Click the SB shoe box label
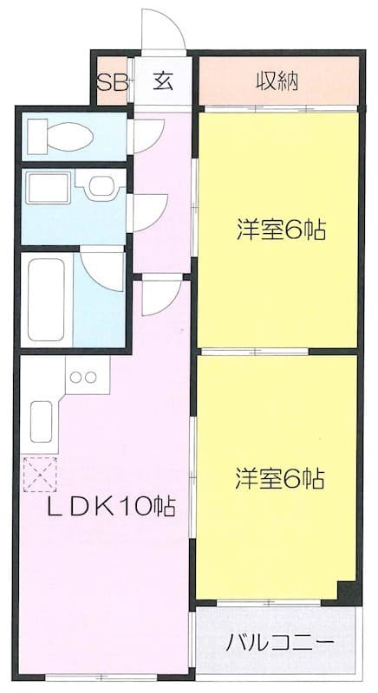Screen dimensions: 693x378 point(111,83)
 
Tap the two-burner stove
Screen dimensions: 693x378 point(85,378)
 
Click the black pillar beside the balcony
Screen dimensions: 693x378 point(349,592)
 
